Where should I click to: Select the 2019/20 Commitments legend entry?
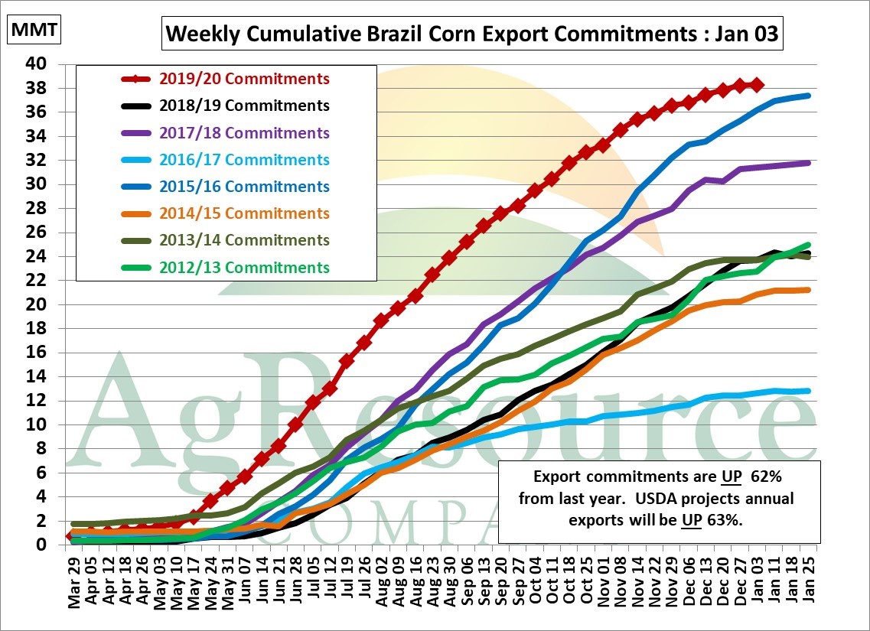(244, 79)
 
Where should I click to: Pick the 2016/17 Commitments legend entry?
(244, 160)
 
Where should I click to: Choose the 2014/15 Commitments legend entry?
(244, 213)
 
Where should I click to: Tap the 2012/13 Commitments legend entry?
(244, 268)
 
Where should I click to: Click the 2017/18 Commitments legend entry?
(244, 133)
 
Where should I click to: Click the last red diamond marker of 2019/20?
(756, 85)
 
